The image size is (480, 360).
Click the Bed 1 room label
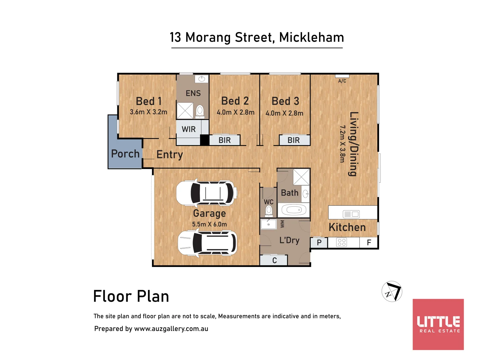click(149, 101)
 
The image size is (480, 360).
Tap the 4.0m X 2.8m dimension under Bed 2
click(235, 112)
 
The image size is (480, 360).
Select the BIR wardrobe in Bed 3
click(294, 140)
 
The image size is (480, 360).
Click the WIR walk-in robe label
click(189, 129)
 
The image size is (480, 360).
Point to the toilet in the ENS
click(200, 111)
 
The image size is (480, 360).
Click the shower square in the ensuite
click(185, 111)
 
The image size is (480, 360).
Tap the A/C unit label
click(342, 81)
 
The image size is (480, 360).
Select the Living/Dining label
click(353, 144)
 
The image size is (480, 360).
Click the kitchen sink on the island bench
click(351, 214)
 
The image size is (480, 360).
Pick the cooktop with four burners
click(342, 242)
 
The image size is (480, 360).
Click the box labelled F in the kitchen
click(369, 243)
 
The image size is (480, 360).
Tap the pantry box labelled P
click(319, 243)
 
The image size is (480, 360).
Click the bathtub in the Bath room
click(294, 210)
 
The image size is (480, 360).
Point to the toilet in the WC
click(269, 211)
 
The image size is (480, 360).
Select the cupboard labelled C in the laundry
click(274, 260)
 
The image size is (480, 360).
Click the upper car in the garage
click(207, 193)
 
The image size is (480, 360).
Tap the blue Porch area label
click(125, 154)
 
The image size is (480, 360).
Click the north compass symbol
click(392, 291)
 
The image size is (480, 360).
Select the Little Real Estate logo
click(438, 324)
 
